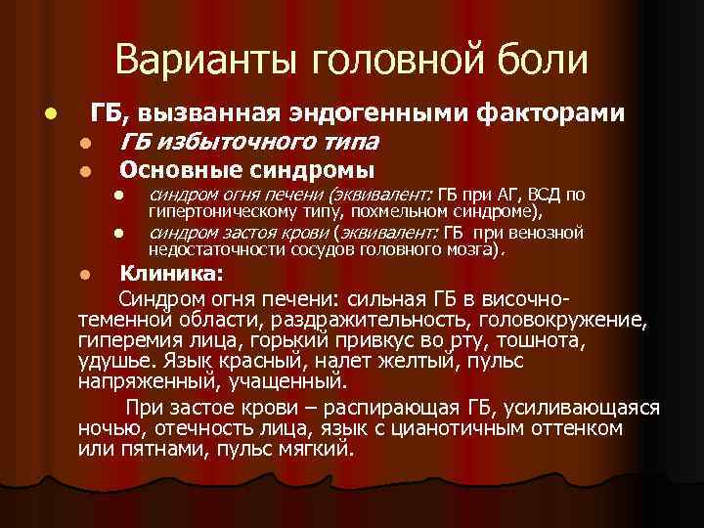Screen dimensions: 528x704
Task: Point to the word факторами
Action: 550,114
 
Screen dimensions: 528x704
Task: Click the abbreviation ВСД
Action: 542,194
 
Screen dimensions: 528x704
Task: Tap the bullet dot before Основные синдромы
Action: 86,172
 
